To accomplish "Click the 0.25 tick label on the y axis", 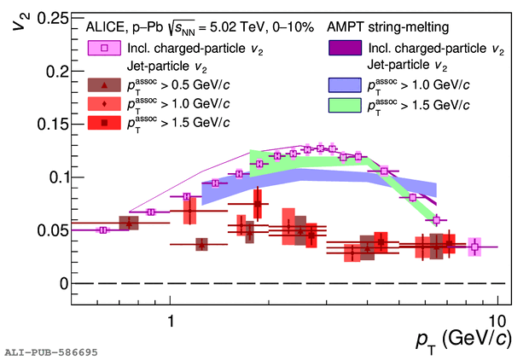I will click(51, 18).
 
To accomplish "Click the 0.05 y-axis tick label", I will click(51, 230).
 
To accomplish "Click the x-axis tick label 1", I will click(170, 321).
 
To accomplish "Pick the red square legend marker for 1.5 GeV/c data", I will click(104, 123).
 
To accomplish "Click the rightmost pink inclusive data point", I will click(474, 247).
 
